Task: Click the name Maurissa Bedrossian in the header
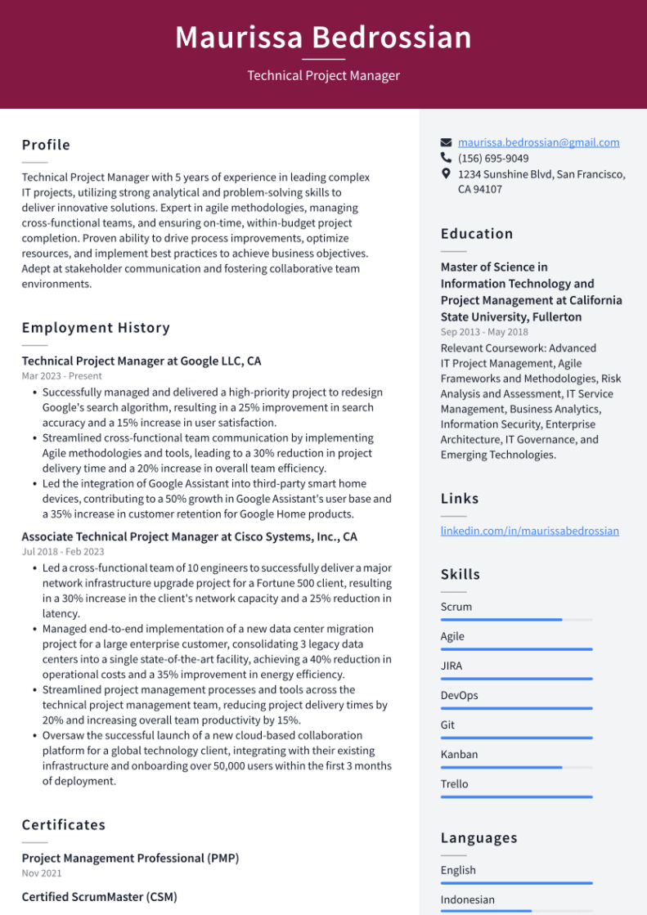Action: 323,38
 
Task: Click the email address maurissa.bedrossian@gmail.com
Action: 538,142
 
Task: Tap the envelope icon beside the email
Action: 446,142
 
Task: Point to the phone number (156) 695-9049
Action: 492,159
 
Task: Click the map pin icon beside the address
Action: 446,174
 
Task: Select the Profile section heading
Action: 46,145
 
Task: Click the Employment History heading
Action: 96,328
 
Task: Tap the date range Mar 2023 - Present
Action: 61,376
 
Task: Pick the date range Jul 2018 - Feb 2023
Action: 63,553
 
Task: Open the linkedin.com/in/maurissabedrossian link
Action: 529,531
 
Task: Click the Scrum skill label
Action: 456,607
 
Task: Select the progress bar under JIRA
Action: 516,679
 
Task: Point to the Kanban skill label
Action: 459,754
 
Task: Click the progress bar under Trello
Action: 516,796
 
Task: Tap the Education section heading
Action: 477,234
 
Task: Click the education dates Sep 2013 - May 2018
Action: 484,332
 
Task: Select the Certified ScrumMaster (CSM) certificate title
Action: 99,897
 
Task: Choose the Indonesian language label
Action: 467,899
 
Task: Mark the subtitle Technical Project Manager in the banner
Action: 323,76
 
